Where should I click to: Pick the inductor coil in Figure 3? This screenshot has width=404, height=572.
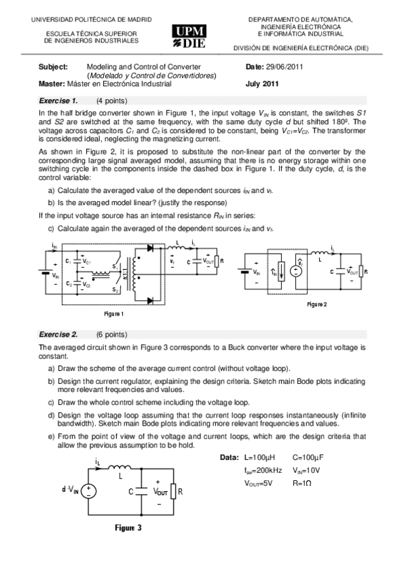(x=119, y=467)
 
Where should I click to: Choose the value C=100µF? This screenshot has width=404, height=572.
(x=310, y=458)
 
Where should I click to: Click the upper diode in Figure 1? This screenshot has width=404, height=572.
(x=150, y=248)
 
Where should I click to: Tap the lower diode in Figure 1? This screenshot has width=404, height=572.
(x=150, y=300)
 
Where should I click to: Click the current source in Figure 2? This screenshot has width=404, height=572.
(x=273, y=272)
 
